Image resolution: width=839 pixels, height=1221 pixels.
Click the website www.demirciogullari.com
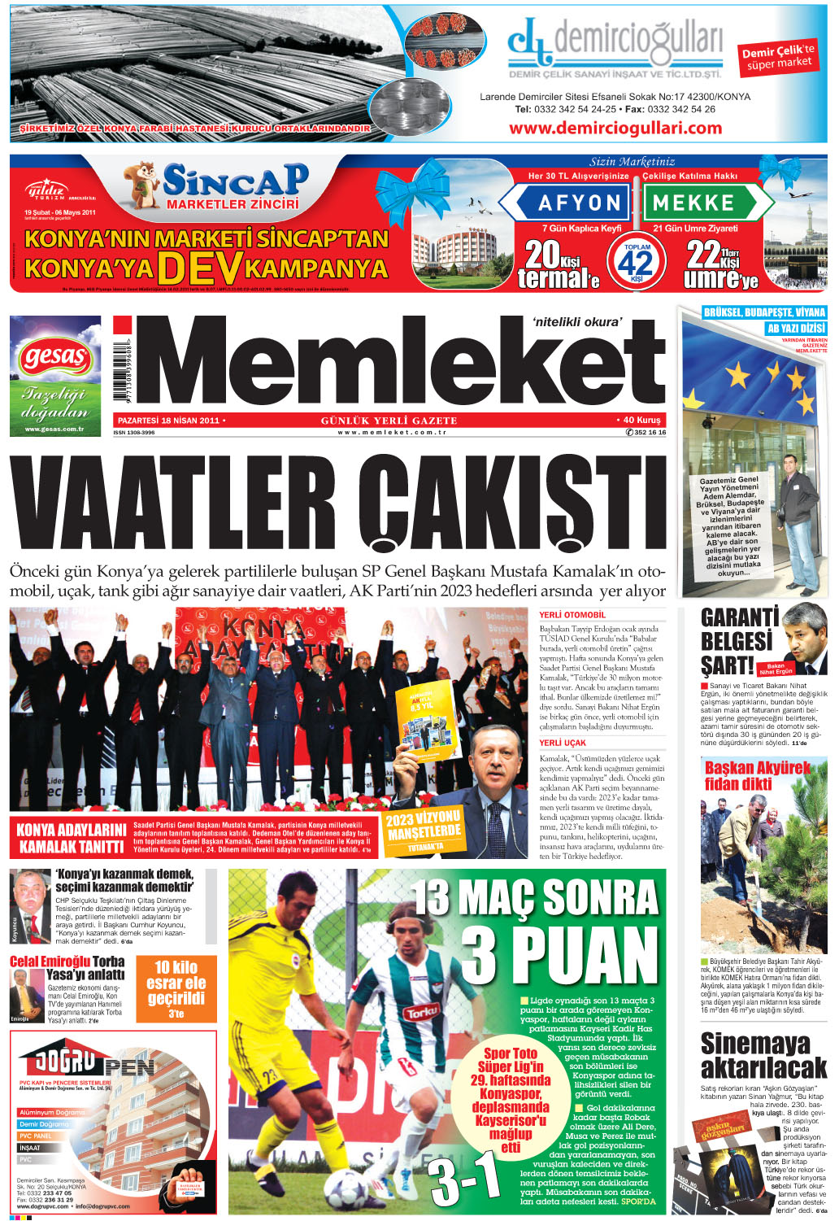click(x=615, y=128)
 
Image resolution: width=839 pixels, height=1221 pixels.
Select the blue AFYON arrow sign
click(x=568, y=203)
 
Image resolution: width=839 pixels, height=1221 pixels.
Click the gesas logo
click(x=55, y=357)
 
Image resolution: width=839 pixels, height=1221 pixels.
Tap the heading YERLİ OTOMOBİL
click(x=572, y=615)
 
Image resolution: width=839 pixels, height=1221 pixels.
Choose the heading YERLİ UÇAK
click(x=563, y=744)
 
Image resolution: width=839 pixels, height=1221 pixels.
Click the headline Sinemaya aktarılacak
click(x=763, y=1055)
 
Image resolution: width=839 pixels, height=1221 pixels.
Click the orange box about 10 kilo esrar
click(x=176, y=988)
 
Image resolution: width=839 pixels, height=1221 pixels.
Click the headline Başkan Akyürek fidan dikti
click(x=757, y=775)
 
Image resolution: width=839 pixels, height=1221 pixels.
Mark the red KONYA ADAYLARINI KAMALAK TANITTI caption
click(x=72, y=839)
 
